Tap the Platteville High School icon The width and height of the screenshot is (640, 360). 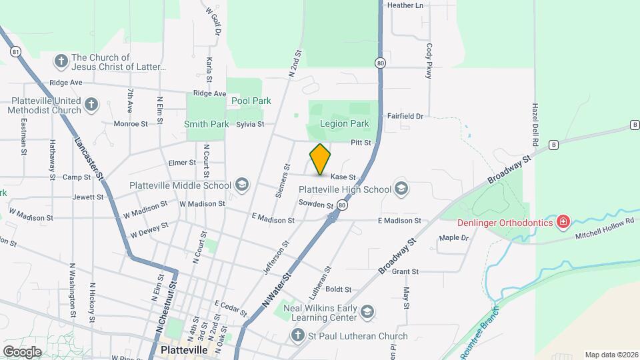coord(401,189)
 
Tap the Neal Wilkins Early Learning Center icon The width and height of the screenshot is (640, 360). coord(366,312)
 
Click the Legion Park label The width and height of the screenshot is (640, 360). coord(344,124)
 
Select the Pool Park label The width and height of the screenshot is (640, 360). coord(251,101)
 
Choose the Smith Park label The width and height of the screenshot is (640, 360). coord(207,124)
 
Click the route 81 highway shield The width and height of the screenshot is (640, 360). coord(14,51)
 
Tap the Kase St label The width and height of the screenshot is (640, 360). coord(343,177)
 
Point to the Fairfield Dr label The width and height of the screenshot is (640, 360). coord(405,116)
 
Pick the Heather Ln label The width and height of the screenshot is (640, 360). coord(405,5)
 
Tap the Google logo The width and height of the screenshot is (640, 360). coord(22,351)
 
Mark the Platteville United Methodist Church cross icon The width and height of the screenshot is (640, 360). coord(91,105)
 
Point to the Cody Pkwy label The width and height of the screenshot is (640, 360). coord(429,62)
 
